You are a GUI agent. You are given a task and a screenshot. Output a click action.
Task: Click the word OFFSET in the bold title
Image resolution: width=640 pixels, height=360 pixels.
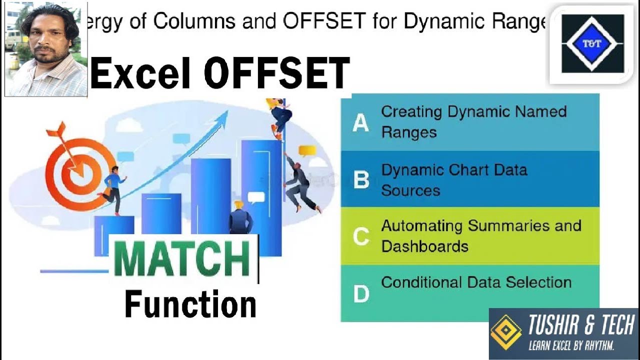click(x=276, y=73)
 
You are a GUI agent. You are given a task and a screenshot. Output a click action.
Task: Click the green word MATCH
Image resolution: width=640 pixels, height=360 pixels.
click(x=182, y=259)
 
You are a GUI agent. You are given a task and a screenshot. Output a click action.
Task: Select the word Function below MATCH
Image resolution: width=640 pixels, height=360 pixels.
click(x=190, y=304)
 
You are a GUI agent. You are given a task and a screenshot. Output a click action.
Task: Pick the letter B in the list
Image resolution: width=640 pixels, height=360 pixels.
click(x=361, y=180)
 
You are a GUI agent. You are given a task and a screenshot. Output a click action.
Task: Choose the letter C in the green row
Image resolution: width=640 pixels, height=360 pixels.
click(x=361, y=236)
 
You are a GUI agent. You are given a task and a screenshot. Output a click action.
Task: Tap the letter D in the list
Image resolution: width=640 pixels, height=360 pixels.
click(x=361, y=294)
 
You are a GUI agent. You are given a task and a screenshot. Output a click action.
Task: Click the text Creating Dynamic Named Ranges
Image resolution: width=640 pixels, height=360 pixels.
click(x=473, y=121)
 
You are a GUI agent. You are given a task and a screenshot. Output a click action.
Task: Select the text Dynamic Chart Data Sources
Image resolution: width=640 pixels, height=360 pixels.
click(x=453, y=179)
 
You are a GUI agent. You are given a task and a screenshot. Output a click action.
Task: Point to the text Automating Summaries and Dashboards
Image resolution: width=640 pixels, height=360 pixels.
click(x=480, y=235)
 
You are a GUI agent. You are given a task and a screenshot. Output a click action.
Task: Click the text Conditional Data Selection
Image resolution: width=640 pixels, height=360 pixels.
click(x=476, y=282)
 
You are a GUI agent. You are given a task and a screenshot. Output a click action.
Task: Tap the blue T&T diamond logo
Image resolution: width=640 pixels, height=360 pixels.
click(x=592, y=43)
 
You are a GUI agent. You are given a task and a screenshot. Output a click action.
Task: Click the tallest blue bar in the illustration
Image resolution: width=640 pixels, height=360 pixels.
click(x=261, y=195)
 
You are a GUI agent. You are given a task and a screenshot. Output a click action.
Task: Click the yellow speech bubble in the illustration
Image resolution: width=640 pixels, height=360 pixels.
click(x=307, y=150)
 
